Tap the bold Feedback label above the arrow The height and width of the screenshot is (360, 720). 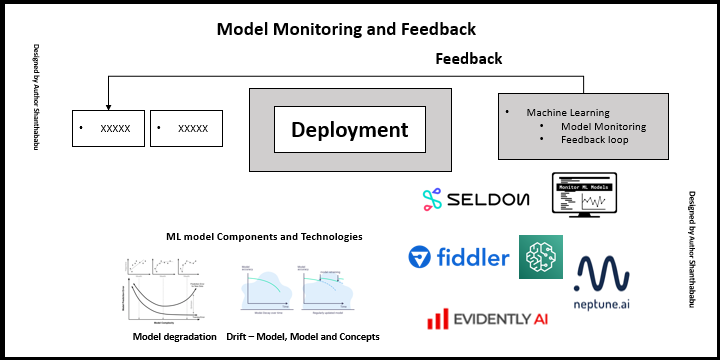(468, 59)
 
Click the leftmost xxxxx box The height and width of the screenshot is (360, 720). (109, 129)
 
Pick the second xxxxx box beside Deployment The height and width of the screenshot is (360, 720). (186, 129)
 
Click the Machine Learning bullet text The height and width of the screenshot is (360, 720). (568, 113)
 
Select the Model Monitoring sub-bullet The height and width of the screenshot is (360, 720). (603, 127)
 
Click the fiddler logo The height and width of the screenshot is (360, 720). (457, 258)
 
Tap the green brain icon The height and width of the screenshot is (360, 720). (540, 257)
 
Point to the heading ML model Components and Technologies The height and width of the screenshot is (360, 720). (264, 237)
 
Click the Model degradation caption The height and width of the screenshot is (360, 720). (174, 337)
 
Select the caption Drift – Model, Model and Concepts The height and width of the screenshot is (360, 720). (303, 337)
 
